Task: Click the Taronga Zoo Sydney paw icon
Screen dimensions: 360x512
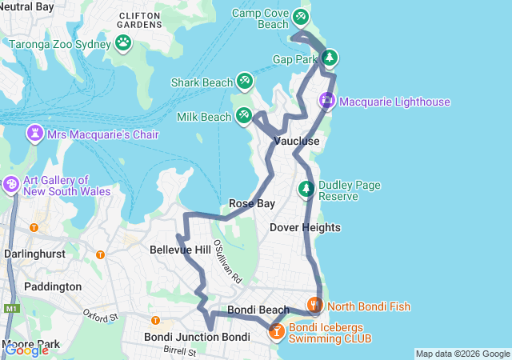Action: click(x=123, y=42)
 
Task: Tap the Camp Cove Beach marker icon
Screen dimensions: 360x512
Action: click(x=300, y=16)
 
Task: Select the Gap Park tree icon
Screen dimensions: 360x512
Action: click(x=329, y=58)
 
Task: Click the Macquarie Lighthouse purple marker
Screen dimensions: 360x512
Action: click(x=327, y=101)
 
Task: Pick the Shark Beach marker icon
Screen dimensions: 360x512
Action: click(x=244, y=81)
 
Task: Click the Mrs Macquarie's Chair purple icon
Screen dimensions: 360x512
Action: click(x=35, y=133)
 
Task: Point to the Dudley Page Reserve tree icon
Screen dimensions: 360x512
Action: click(x=306, y=190)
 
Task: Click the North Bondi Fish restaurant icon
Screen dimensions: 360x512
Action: click(x=315, y=305)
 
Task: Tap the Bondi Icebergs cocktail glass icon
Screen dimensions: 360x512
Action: click(x=277, y=330)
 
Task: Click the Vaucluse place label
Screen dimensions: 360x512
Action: click(x=297, y=142)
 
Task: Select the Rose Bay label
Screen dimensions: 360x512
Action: click(x=252, y=204)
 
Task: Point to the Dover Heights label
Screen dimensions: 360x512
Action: click(x=305, y=228)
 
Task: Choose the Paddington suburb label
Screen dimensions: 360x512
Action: click(x=53, y=286)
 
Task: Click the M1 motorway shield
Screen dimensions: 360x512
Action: click(x=10, y=309)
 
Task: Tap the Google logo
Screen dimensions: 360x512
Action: click(x=26, y=350)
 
